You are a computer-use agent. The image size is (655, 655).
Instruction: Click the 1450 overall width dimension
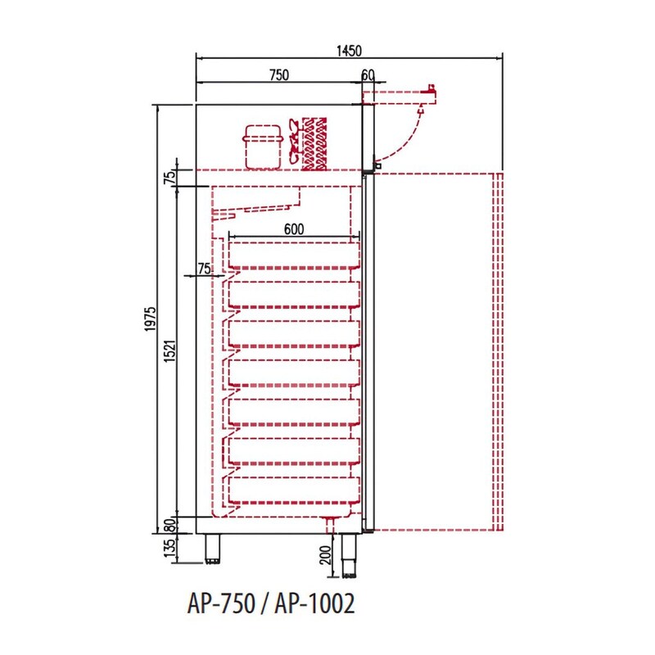coord(349,51)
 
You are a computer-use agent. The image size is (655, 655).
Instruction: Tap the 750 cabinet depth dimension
coord(279,75)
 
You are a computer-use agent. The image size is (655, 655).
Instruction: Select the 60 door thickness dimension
coord(368,75)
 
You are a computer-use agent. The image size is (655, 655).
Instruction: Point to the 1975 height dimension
coord(151,319)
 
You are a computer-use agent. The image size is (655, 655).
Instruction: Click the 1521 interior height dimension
coord(170,350)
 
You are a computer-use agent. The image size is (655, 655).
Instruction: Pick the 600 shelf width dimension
coord(294,229)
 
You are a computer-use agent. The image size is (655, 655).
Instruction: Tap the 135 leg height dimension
coord(169,548)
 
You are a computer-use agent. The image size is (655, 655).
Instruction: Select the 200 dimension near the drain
coord(325,555)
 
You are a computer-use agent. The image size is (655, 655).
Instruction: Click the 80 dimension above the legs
coord(169,526)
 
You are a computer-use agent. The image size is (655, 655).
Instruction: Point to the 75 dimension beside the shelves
coord(204,269)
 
